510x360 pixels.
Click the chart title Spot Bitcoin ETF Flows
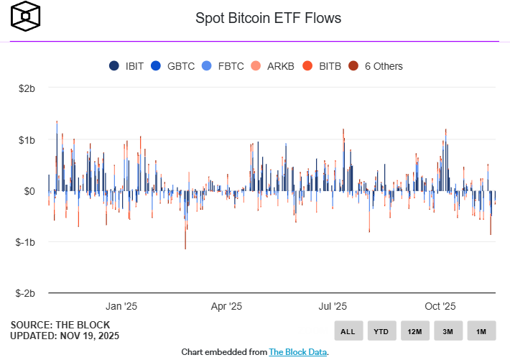point(269,17)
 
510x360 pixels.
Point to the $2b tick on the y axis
point(27,88)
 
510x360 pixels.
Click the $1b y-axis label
point(27,139)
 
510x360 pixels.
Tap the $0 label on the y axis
point(29,191)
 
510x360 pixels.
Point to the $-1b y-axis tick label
point(26,242)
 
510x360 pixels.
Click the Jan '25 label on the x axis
point(121,306)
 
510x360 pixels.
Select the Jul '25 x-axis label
point(332,306)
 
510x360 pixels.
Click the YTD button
point(381,331)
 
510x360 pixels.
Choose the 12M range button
point(414,331)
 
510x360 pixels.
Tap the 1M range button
point(481,331)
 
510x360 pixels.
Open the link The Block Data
point(298,352)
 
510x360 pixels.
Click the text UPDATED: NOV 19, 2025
point(65,336)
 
